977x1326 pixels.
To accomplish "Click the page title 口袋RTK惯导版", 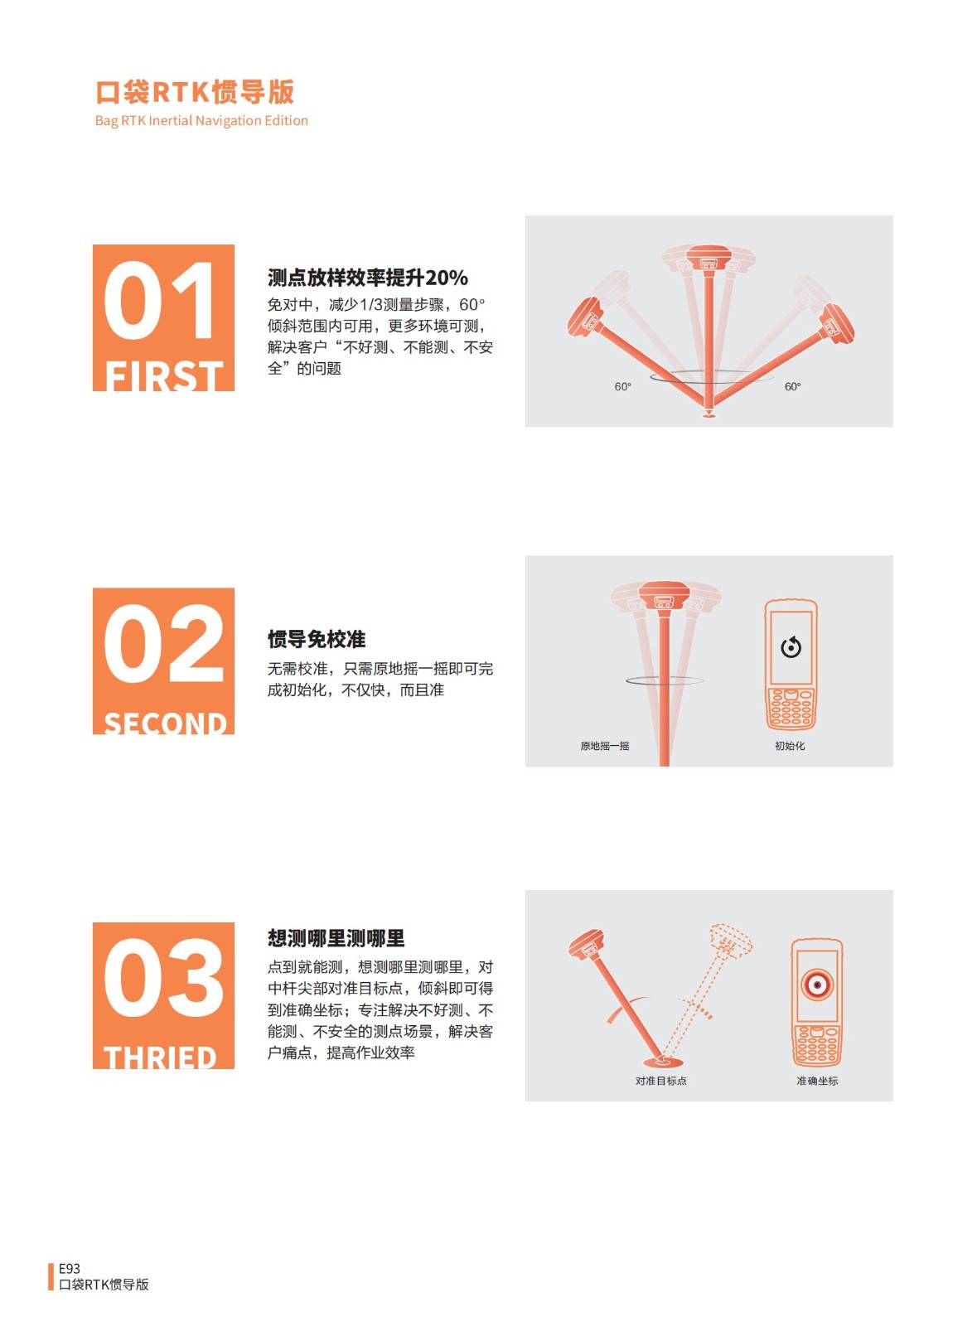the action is [195, 92].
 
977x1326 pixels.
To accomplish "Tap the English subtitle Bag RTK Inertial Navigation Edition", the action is [201, 121].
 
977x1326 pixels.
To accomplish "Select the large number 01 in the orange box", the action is [159, 301].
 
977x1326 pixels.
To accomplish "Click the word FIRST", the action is [164, 375].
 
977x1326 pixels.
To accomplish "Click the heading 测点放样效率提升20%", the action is [367, 278].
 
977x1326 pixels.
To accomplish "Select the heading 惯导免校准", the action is [317, 639].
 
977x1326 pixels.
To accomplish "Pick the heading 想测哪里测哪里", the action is [336, 938].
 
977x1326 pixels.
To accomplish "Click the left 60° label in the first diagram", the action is [622, 386].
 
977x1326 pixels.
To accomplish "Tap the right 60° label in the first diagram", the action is [792, 386].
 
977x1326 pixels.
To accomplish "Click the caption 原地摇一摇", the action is [605, 746].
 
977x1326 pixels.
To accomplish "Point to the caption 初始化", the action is [790, 746].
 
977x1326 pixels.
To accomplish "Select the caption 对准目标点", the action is [661, 1081].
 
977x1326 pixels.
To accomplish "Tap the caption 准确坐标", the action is [817, 1081].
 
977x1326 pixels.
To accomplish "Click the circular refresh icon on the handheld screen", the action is [791, 647].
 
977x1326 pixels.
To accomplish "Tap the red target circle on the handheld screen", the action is [817, 985].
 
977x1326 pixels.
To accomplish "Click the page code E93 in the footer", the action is [70, 1269].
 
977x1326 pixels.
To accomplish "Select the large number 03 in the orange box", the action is [164, 977].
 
